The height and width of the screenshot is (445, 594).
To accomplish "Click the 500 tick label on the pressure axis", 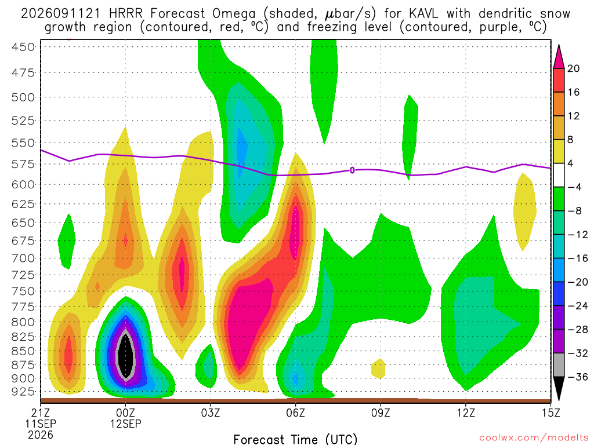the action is [x=23, y=97].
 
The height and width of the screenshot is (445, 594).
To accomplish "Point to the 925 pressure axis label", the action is [x=23, y=392].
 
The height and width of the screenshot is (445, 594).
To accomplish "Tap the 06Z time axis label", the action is [x=295, y=413].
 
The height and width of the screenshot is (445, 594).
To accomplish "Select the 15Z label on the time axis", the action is [x=551, y=413].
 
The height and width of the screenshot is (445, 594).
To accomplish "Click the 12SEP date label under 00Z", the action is [x=125, y=424].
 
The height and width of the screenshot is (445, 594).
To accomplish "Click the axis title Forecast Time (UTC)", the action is [x=295, y=439].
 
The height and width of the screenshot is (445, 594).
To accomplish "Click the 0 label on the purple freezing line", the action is [x=352, y=170].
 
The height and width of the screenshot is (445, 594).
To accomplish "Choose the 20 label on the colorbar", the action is [x=573, y=68].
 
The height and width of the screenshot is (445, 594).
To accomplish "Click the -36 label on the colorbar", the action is [x=577, y=377].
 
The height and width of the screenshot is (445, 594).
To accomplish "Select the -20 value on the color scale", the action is [x=577, y=282].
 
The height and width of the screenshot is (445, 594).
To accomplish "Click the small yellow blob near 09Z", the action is [x=378, y=368].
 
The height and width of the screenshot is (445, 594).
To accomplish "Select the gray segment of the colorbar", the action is [x=559, y=365].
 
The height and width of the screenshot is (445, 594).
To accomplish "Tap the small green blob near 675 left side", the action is [x=67, y=242].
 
